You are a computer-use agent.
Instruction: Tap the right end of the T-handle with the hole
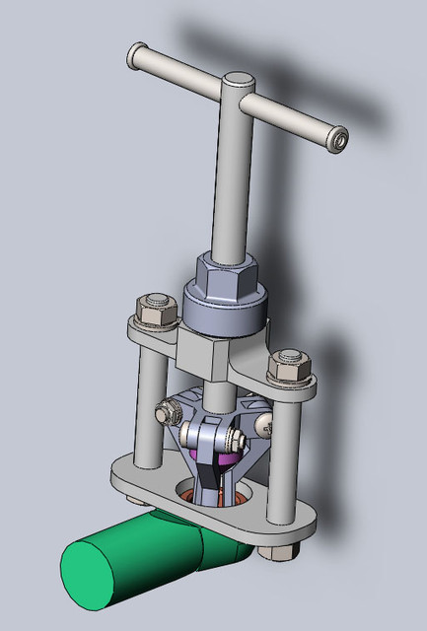pyautogui.click(x=338, y=140)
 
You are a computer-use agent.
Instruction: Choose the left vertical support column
pyautogui.click(x=149, y=404)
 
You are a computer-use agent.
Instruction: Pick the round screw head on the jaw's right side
pyautogui.click(x=267, y=425)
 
